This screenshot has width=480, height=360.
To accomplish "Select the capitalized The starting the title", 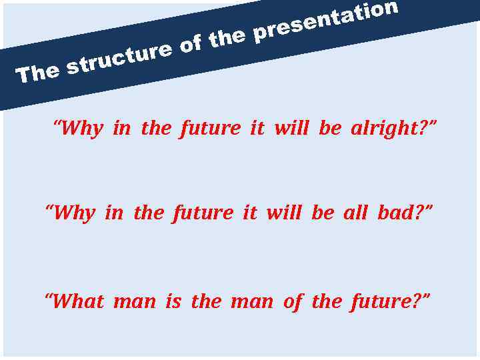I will tap(39, 72).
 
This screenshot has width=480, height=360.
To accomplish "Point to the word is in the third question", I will tap(173, 301).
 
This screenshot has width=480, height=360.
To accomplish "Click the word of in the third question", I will tap(292, 301).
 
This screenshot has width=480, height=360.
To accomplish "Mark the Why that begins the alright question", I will tap(79, 128).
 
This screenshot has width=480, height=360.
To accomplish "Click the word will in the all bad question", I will tap(283, 213).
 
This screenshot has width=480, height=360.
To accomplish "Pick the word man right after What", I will tap(134, 301).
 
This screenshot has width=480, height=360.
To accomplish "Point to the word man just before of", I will tap(251, 301).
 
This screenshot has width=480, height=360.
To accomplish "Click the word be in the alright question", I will tap(329, 128).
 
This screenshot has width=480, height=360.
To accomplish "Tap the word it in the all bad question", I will tap(249, 213).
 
